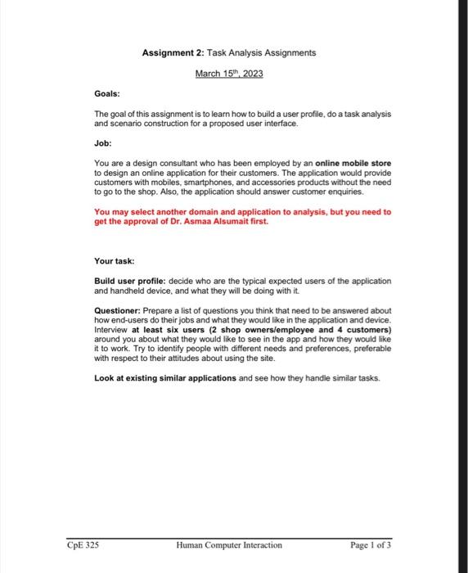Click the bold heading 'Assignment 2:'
(173, 52)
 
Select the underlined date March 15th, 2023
(228, 74)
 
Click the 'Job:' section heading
(104, 142)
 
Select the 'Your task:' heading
(115, 260)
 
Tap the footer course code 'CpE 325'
(83, 544)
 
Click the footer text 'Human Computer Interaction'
(228, 544)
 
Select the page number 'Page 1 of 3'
(370, 544)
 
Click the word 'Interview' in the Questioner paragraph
(112, 329)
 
